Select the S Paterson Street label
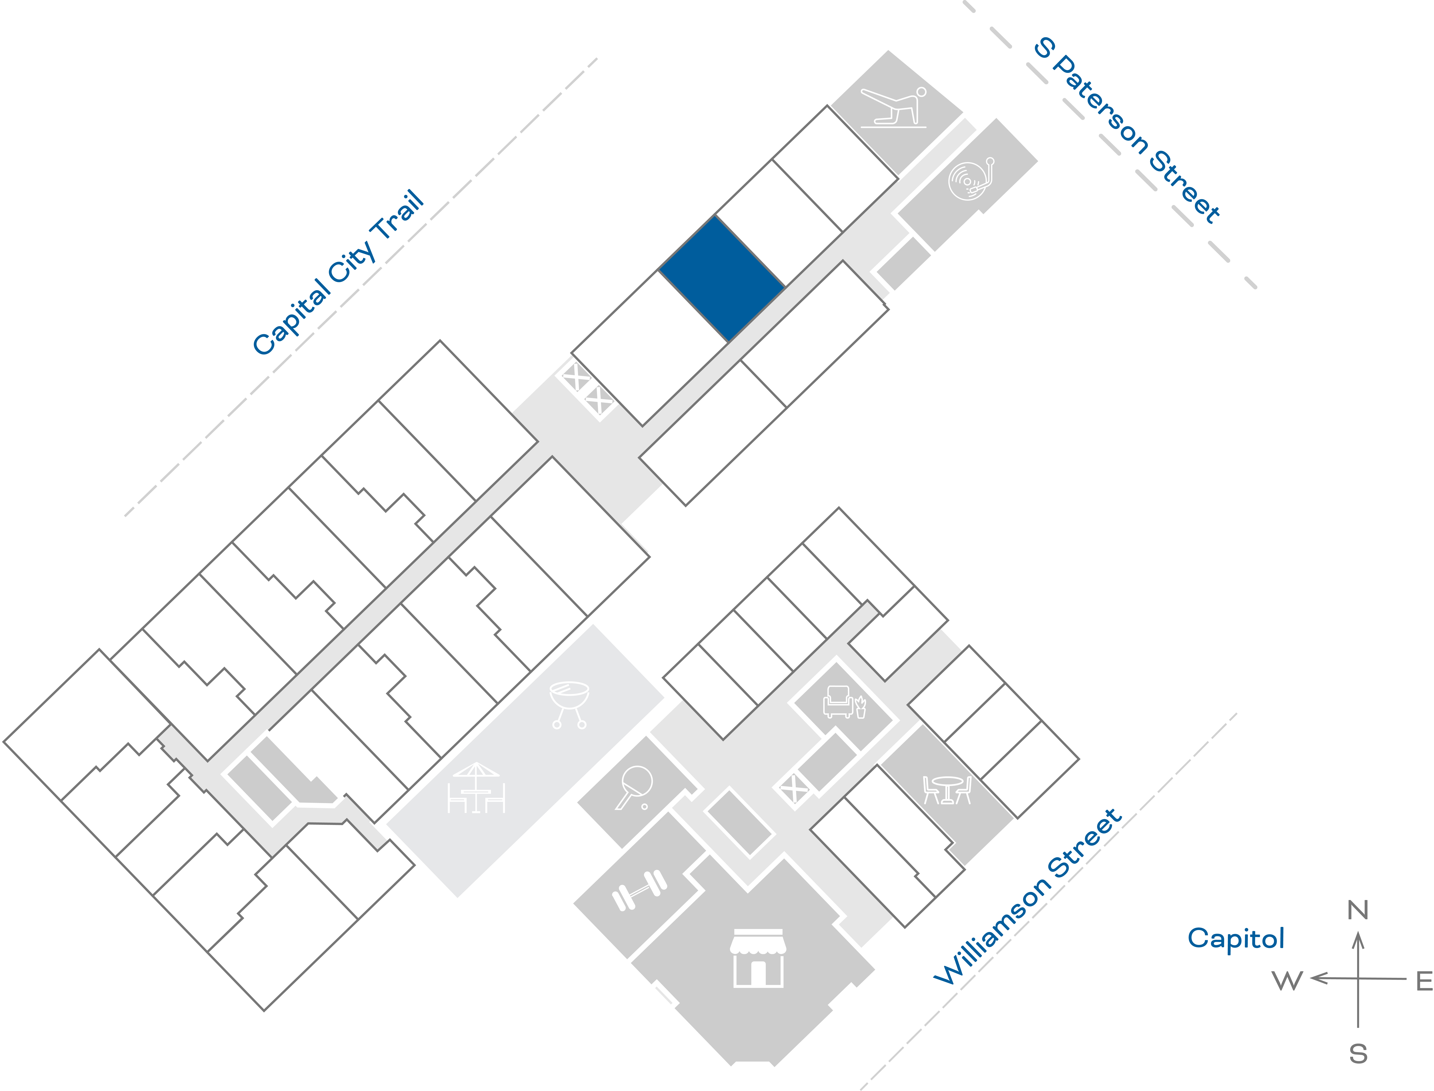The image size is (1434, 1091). click(x=1127, y=130)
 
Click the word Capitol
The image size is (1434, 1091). click(x=1235, y=938)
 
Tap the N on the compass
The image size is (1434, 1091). click(x=1357, y=910)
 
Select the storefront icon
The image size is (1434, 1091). click(x=758, y=958)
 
